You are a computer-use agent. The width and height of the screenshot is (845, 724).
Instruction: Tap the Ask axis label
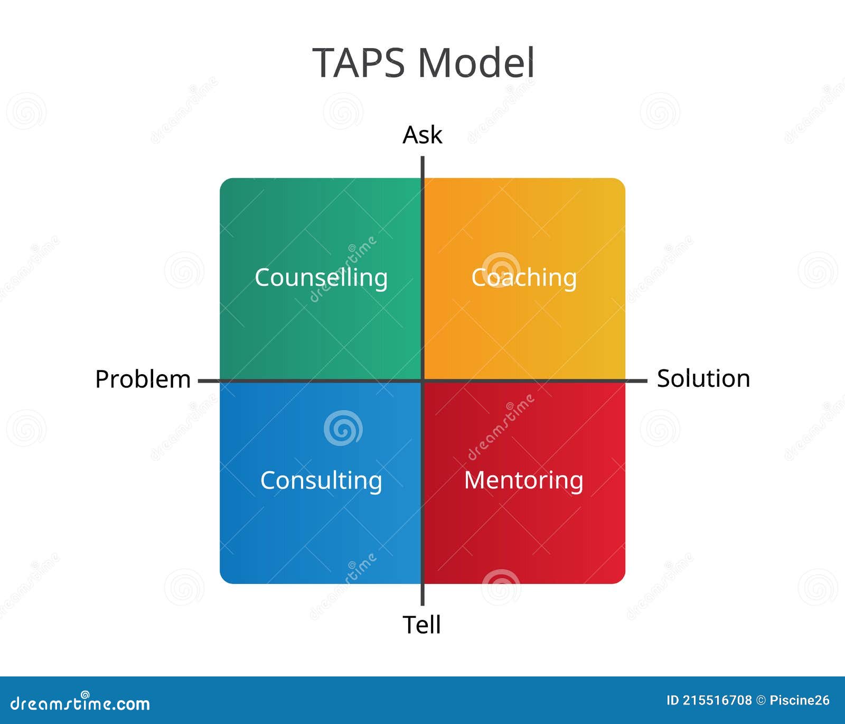point(422,135)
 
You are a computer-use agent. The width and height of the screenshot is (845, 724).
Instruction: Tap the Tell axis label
point(421,625)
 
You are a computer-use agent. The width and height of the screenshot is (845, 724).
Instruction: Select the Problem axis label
point(143,379)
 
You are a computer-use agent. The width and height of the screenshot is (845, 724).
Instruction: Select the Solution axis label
point(703,379)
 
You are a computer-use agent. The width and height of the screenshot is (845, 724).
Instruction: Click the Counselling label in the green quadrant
point(321,277)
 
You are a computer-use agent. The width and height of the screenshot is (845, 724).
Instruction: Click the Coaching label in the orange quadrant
point(523,277)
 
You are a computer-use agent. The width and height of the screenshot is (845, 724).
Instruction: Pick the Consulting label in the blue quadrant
point(321,480)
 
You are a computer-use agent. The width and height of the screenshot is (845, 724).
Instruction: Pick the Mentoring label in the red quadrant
point(523,480)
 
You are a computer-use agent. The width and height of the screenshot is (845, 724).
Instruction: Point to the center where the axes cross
point(422,380)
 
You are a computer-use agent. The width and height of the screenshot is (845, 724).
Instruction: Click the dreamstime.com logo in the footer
point(80,703)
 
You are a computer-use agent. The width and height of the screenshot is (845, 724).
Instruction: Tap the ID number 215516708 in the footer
point(717,701)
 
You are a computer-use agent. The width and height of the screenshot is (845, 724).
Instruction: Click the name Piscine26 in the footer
point(800,701)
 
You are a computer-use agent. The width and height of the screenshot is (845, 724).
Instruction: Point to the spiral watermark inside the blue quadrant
point(343,428)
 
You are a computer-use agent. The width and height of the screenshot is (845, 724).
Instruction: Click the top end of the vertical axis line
point(422,158)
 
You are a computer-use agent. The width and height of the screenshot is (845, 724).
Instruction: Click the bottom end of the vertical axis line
point(422,604)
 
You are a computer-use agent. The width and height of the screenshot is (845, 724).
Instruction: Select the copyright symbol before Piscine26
point(761,701)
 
